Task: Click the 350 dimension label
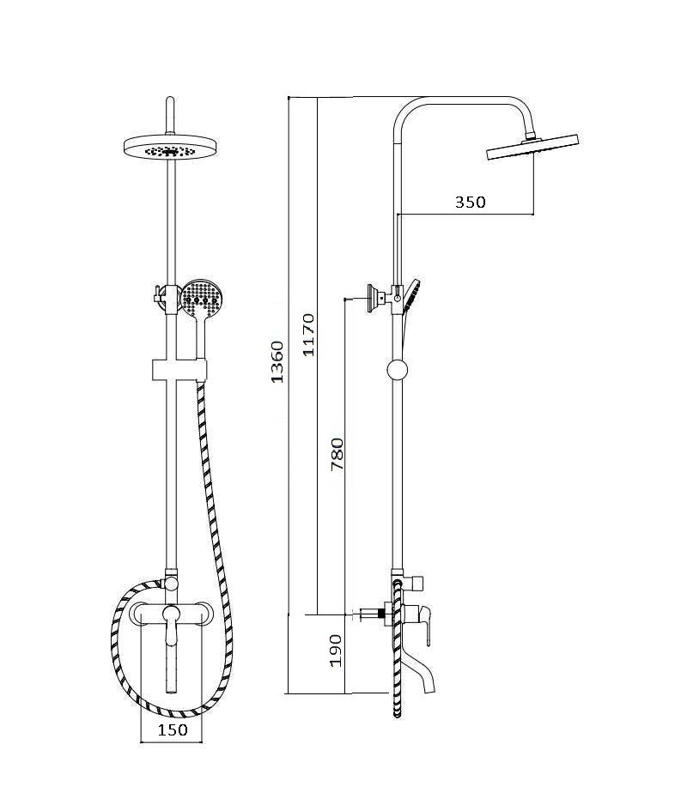coord(470,202)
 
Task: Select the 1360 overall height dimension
coord(277,361)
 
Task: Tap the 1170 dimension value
coord(308,335)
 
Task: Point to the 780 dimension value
coord(337,454)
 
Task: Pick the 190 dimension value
coord(337,651)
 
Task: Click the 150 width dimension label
coord(173,729)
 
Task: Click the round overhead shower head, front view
coord(170,148)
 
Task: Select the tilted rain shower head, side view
coord(532,148)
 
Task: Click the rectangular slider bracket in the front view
coord(179,369)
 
